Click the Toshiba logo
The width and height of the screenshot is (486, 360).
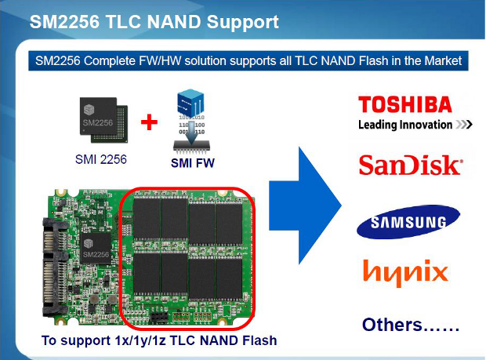[404, 105]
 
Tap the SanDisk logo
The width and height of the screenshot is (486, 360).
[410, 165]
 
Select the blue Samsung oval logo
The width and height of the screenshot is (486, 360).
[404, 222]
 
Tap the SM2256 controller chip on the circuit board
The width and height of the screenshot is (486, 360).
[96, 250]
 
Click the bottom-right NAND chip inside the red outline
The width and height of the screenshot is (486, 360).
[229, 279]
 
